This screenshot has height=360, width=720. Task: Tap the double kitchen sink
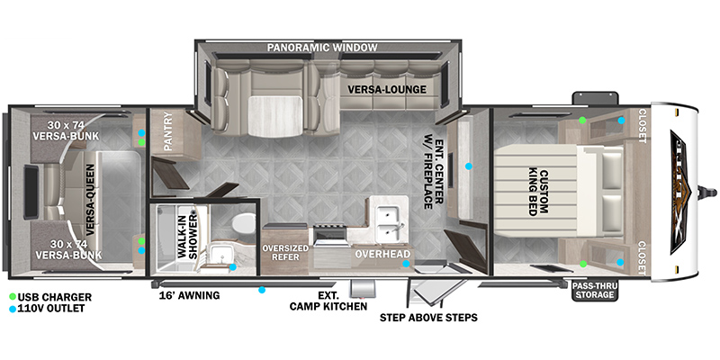389,224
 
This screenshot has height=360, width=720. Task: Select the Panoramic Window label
322,48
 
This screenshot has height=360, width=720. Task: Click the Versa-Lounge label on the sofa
387,89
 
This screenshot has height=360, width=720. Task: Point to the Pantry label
168,130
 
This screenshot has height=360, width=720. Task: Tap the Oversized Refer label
285,253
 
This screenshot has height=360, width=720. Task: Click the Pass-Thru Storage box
595,290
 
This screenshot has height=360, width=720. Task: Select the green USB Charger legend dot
13,297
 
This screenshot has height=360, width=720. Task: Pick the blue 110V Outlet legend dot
13,309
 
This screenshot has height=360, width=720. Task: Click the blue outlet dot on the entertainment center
468,166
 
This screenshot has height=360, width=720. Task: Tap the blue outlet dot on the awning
262,290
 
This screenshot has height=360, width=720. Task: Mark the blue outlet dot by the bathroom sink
233,266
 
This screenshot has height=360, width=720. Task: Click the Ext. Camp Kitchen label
328,301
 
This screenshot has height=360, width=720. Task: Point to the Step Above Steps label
428,318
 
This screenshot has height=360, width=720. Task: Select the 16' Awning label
189,295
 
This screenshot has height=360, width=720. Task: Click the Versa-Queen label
89,199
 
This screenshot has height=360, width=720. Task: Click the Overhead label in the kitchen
382,253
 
